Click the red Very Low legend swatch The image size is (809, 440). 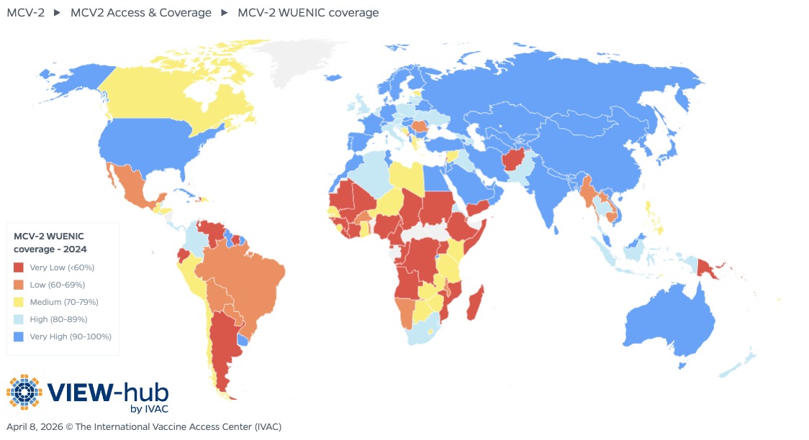click(x=19, y=267)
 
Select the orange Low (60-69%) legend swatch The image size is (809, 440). click(x=19, y=285)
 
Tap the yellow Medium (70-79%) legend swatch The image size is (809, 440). click(x=19, y=302)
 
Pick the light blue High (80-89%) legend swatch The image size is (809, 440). click(x=19, y=319)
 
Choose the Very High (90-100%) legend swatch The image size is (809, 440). click(x=19, y=336)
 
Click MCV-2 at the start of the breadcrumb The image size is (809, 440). click(x=26, y=12)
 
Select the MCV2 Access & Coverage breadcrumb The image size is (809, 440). click(x=140, y=12)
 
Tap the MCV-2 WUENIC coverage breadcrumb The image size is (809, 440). click(x=308, y=12)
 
